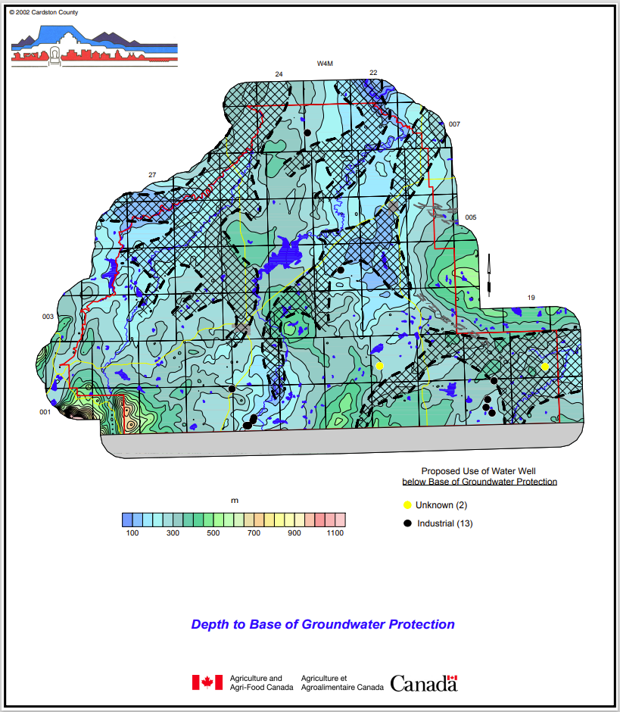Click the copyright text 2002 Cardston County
click(x=43, y=12)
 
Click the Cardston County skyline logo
click(x=94, y=45)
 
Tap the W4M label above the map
click(x=326, y=64)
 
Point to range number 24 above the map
click(x=279, y=73)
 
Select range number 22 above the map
click(x=373, y=72)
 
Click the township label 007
click(x=454, y=124)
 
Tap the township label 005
click(x=471, y=217)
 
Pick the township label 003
click(x=48, y=317)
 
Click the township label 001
click(x=45, y=412)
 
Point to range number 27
click(x=152, y=175)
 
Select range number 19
click(x=531, y=298)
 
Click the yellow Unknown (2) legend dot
click(x=407, y=505)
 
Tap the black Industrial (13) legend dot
click(x=407, y=523)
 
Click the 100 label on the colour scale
click(x=132, y=533)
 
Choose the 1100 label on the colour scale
click(x=335, y=533)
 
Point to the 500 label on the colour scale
click(x=213, y=533)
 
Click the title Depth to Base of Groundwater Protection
click(x=322, y=625)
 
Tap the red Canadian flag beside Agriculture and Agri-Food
click(x=207, y=682)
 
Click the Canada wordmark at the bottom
click(x=424, y=683)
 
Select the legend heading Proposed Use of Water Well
click(x=479, y=471)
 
